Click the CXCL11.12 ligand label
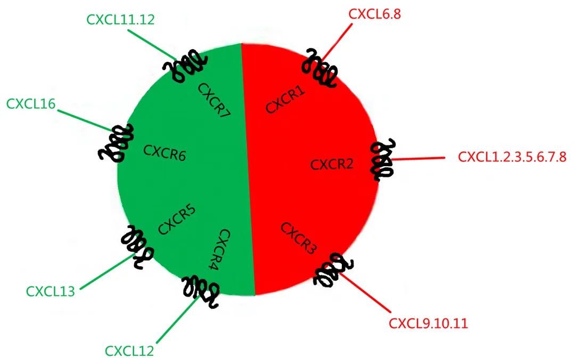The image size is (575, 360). (121, 19)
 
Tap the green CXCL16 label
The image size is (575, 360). (31, 103)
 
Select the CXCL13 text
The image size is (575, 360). (51, 291)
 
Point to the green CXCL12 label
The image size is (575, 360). (129, 351)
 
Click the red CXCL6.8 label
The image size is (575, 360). (374, 14)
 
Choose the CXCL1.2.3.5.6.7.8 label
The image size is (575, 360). (512, 158)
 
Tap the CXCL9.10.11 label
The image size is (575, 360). (429, 323)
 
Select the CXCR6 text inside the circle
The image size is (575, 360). (165, 153)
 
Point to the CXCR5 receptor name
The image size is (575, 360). (177, 219)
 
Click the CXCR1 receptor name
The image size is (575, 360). (285, 100)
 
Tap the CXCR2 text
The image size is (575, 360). (332, 164)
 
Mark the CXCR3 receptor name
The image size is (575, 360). (299, 238)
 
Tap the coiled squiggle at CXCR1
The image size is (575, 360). (319, 68)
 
